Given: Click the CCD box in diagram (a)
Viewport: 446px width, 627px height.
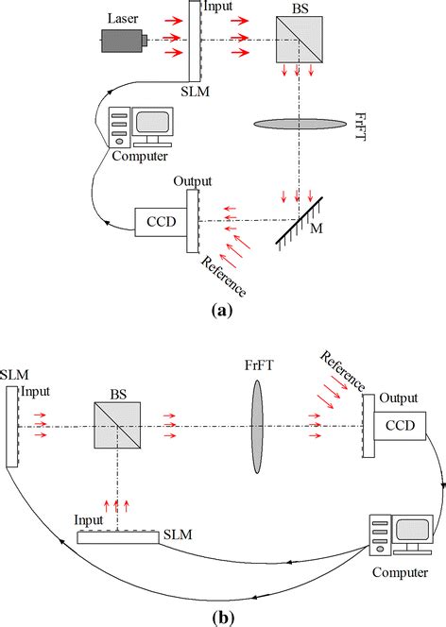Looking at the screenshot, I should tap(161, 221).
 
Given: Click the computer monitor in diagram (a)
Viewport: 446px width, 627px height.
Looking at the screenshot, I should tap(151, 123).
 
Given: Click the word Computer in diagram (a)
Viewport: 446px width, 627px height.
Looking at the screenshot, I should tap(140, 156).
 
